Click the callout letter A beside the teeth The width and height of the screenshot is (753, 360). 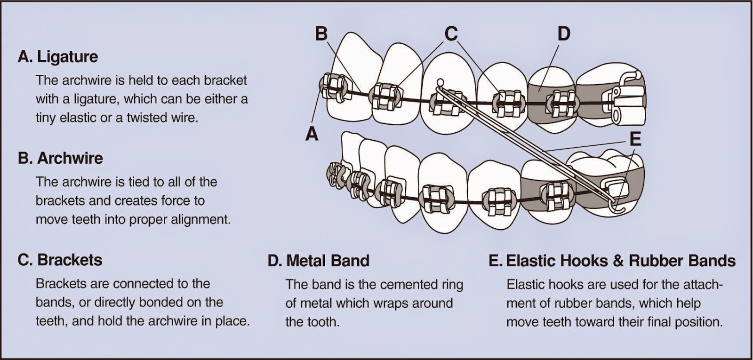tap(312, 134)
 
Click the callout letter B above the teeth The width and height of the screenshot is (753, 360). tap(321, 33)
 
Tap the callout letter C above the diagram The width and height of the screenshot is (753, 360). tap(450, 33)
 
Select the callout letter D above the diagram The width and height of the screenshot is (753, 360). tap(564, 33)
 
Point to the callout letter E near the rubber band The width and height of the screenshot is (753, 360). tap(635, 139)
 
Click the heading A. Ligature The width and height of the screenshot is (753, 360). tap(58, 56)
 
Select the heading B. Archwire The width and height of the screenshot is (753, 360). tap(60, 158)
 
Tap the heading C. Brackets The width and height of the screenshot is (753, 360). tap(60, 260)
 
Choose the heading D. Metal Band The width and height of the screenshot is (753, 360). tap(318, 260)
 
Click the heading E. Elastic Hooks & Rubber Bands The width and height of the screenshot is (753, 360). tap(612, 260)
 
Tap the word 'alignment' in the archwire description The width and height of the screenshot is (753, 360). tap(201, 219)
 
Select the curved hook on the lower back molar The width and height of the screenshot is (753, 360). tap(617, 203)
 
